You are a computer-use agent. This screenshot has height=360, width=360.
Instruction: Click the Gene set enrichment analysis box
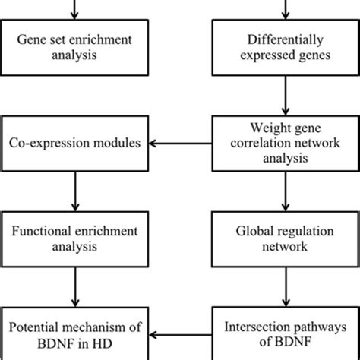74,52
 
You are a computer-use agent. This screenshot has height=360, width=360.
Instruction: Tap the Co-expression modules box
74,142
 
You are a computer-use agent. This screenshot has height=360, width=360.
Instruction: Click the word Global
255,229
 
